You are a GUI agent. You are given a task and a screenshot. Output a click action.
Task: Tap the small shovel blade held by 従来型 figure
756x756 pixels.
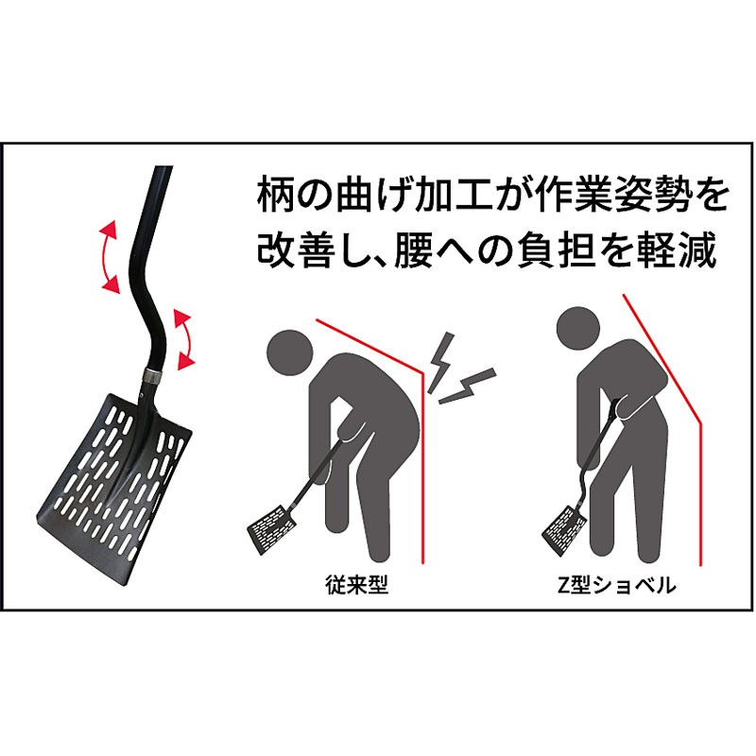coord(270,532)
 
